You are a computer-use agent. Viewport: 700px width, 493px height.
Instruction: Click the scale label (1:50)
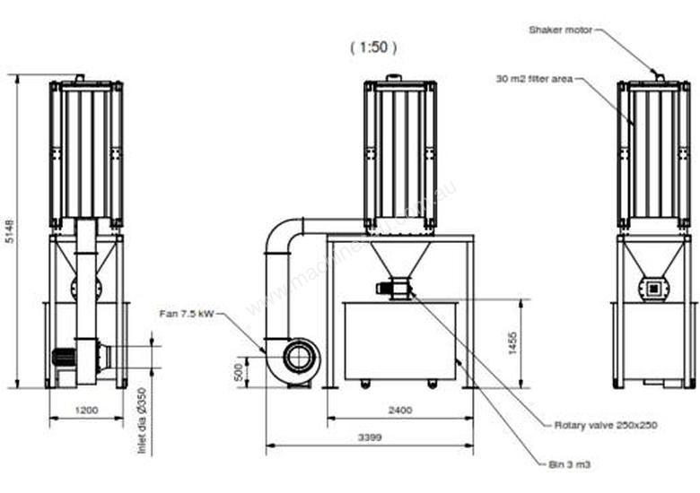[x=372, y=47]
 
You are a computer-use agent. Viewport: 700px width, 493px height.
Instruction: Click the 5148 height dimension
[x=9, y=232]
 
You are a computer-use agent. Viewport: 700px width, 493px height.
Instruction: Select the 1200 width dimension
[x=87, y=411]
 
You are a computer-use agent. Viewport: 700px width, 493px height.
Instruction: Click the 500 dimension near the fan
[x=237, y=371]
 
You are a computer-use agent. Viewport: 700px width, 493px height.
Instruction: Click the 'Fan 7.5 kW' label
[x=188, y=313]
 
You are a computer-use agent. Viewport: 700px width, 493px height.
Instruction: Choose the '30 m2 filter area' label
[x=534, y=79]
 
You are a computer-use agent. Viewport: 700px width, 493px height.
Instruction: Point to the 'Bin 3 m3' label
[x=572, y=464]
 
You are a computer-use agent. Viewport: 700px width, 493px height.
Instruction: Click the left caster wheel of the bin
[x=365, y=385]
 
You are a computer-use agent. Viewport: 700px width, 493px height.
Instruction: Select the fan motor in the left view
[x=65, y=358]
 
